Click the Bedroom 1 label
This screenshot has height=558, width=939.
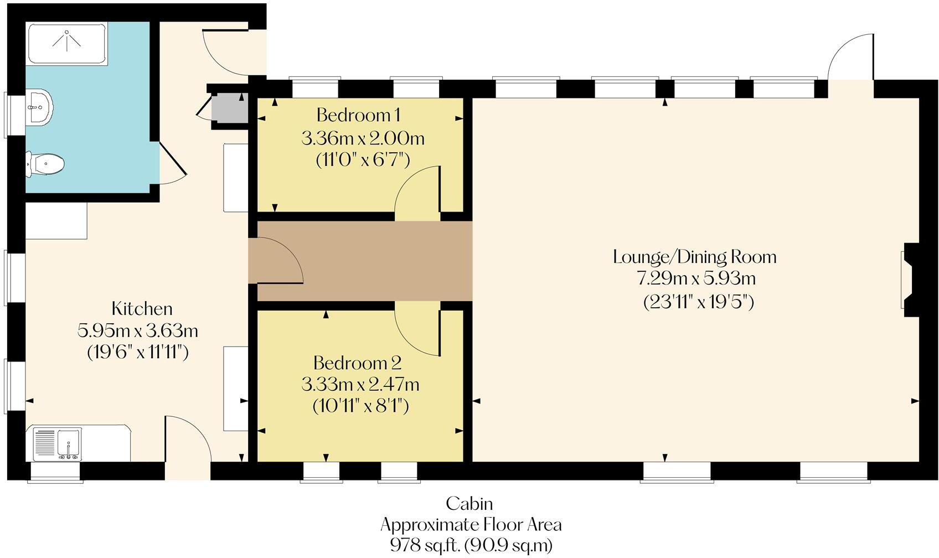tap(358, 115)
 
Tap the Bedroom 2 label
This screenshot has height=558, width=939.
tap(357, 363)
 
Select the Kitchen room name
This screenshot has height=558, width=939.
tap(142, 308)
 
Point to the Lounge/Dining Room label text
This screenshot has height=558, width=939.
tap(695, 257)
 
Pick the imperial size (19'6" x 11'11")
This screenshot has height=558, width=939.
tap(138, 352)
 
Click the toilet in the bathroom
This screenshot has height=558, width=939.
tap(48, 164)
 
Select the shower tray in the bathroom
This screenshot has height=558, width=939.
tap(66, 43)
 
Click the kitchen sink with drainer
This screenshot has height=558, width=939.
tap(57, 443)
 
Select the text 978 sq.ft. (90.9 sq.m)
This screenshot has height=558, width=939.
tap(471, 545)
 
